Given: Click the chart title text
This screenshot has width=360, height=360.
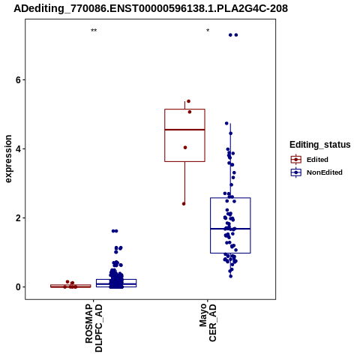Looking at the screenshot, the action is (151, 8).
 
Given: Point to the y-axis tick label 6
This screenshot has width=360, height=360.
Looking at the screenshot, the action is (18, 80).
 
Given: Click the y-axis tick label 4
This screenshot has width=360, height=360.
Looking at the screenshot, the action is (18, 149).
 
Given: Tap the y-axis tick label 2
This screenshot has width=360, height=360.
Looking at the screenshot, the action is (18, 218).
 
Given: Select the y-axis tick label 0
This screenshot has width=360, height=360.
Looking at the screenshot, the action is (18, 287).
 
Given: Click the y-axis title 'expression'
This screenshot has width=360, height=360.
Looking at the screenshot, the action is (8, 159).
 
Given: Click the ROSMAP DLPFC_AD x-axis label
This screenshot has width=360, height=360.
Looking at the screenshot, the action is (94, 328).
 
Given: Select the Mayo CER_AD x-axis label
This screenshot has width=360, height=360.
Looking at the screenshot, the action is (208, 322).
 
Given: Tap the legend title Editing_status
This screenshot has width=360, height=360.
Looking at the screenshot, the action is (320, 145).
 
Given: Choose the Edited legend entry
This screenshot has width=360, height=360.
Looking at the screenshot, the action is (310, 160).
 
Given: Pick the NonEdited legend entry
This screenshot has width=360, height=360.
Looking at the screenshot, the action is (316, 172).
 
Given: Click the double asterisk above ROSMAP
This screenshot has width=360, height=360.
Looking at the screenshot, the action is (94, 31).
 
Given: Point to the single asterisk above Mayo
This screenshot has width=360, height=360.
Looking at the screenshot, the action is (208, 31).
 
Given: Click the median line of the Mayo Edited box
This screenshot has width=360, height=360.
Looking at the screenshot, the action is (184, 130).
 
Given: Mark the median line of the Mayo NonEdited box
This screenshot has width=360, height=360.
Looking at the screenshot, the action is (230, 229).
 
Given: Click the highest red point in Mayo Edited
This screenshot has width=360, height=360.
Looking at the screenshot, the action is (189, 101).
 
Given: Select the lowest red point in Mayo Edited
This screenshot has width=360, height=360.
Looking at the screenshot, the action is (184, 204).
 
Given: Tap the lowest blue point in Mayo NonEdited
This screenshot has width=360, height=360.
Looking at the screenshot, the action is (231, 276).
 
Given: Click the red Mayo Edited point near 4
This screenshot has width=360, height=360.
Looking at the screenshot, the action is (185, 148).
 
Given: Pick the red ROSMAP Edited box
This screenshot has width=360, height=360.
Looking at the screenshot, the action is (70, 285).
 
